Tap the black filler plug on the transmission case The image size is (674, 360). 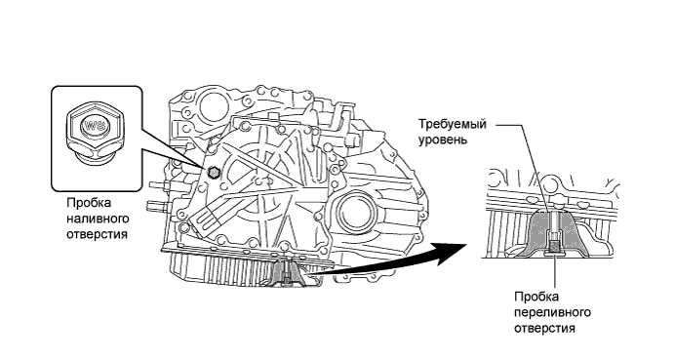pos(212,173)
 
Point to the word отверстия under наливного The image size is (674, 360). pos(98,235)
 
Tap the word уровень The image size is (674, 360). pos(442,140)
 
